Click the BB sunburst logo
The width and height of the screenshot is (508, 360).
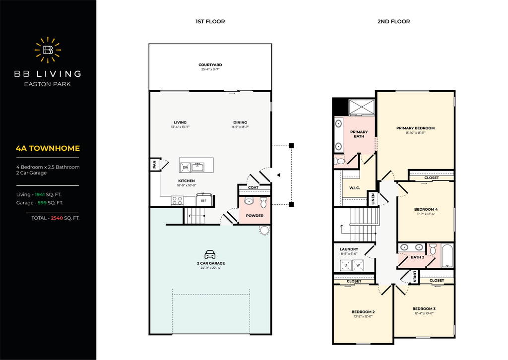click(x=48, y=50)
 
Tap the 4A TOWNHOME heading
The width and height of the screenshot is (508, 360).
click(x=48, y=148)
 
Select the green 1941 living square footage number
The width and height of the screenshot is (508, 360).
click(x=40, y=194)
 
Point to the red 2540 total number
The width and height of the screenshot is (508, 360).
click(x=57, y=218)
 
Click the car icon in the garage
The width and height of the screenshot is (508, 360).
click(x=210, y=254)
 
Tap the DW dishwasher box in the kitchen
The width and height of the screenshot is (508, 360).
click(x=186, y=167)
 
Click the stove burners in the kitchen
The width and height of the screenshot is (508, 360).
click(x=177, y=201)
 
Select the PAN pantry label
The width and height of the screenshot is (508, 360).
click(x=155, y=165)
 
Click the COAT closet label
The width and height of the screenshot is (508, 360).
click(x=254, y=187)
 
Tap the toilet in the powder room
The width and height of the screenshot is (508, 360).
click(x=263, y=203)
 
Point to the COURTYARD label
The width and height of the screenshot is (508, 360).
click(x=210, y=65)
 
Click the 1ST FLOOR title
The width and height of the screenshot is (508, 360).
click(x=210, y=22)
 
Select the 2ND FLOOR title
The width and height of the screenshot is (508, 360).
click(x=393, y=22)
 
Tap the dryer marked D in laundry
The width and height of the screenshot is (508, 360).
click(x=346, y=265)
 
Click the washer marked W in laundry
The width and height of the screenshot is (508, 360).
click(x=358, y=265)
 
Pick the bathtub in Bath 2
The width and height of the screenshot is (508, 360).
click(x=447, y=256)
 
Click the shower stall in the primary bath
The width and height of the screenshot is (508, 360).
click(x=362, y=107)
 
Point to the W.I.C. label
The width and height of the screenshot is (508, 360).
click(x=354, y=188)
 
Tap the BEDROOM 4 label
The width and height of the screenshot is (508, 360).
click(x=426, y=209)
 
